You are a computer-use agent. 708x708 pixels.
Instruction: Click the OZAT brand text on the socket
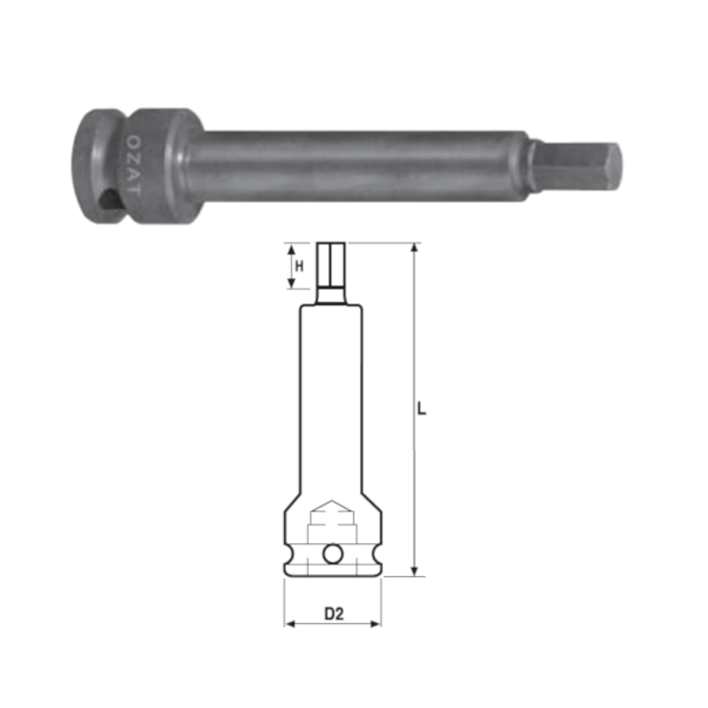click(133, 165)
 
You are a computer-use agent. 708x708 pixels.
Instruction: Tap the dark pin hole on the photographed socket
click(108, 199)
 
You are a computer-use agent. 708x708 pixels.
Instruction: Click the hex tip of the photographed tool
click(576, 166)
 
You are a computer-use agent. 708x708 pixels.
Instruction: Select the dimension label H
click(299, 266)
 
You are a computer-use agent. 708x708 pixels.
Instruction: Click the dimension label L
click(421, 409)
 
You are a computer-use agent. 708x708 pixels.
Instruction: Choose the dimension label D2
click(335, 613)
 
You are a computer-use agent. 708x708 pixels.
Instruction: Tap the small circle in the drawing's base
click(334, 554)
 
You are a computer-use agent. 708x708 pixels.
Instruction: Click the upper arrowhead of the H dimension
click(291, 250)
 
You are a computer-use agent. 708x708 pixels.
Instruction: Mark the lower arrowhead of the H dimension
click(291, 282)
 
